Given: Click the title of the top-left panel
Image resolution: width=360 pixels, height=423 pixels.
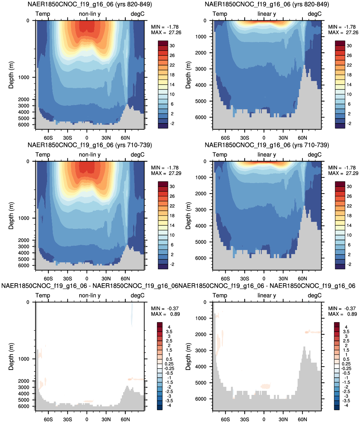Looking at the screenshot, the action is click(x=90, y=4).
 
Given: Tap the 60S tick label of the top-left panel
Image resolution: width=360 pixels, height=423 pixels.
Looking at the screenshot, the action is click(x=48, y=138).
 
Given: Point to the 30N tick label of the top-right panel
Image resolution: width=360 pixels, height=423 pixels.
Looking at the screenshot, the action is click(x=283, y=138).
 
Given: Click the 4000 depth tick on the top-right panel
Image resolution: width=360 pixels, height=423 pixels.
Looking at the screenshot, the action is click(x=201, y=85).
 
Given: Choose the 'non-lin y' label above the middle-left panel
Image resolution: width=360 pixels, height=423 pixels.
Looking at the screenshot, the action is click(x=90, y=155).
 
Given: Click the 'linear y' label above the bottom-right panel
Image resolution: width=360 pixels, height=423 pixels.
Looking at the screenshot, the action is click(x=267, y=295).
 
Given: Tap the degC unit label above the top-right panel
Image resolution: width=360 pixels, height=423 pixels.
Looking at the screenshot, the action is click(x=314, y=14).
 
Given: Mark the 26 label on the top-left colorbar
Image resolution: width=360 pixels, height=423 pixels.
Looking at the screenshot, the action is click(x=172, y=55).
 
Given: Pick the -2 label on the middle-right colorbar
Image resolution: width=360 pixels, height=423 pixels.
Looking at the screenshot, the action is click(x=349, y=264).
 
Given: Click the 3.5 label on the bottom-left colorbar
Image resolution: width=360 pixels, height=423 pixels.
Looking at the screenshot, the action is click(x=169, y=332).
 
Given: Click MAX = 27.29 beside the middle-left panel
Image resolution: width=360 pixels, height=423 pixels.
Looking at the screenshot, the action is click(x=166, y=173).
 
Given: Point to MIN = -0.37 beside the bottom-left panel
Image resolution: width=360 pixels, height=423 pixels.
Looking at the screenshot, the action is click(x=165, y=308).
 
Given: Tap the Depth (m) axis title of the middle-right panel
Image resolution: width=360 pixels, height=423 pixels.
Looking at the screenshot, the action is click(x=188, y=215).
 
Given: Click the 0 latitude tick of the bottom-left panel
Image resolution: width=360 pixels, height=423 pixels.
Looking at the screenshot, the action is click(x=87, y=419).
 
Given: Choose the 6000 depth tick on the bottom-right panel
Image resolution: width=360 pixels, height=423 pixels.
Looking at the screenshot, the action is click(x=201, y=399).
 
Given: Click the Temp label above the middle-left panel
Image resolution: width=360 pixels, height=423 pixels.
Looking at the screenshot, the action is click(x=43, y=155).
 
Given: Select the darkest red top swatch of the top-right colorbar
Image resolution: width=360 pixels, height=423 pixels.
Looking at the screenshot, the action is click(x=340, y=43).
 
